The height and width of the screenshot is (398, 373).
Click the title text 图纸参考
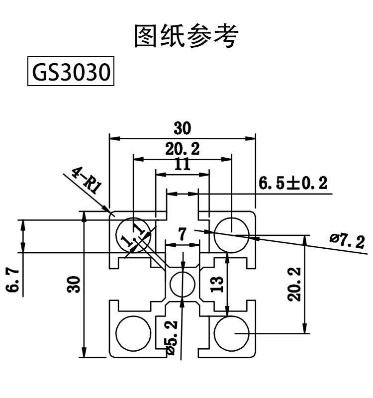pyautogui.click(x=186, y=36)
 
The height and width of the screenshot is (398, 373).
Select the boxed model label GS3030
pyautogui.click(x=71, y=73)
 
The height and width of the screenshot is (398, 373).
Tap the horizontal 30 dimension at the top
pyautogui.click(x=183, y=128)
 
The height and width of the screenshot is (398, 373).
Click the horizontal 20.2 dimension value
pyautogui.click(x=183, y=148)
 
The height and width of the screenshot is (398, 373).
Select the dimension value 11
pyautogui.click(x=183, y=165)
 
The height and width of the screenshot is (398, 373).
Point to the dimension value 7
pyautogui.click(x=183, y=234)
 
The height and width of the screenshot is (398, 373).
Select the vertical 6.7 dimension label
pyautogui.click(x=13, y=281)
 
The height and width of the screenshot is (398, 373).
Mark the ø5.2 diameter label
pyautogui.click(x=171, y=338)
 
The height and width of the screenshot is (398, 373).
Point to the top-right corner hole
pyautogui.click(x=232, y=234)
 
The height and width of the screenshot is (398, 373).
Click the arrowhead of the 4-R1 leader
pyautogui.click(x=108, y=211)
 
